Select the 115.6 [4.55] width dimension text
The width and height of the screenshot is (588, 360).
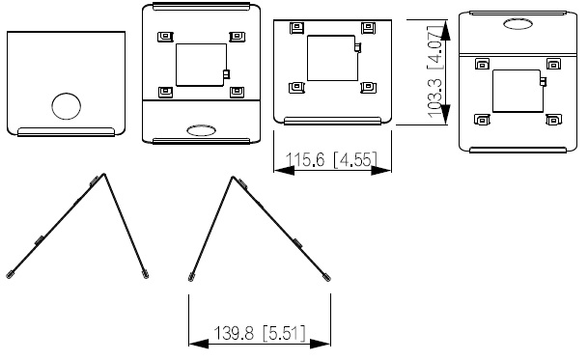[331, 160]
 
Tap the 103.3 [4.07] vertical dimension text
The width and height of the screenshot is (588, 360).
[435, 71]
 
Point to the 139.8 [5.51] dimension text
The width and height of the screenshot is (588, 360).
[260, 333]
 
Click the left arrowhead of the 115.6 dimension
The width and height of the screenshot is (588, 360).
[284, 171]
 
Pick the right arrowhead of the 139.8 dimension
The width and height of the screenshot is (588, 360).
[321, 344]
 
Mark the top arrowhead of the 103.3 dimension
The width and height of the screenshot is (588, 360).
[445, 30]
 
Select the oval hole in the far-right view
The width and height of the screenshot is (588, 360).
[518, 24]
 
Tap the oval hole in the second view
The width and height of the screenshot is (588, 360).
[202, 130]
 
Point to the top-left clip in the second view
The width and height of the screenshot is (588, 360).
[165, 37]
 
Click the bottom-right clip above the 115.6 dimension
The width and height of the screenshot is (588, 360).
[368, 88]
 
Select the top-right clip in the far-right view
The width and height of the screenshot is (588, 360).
[553, 64]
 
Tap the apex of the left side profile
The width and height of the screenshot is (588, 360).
[104, 174]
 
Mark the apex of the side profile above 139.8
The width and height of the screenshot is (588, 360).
[233, 177]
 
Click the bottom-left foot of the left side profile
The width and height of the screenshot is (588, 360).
[9, 275]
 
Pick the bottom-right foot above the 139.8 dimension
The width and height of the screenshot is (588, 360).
[327, 278]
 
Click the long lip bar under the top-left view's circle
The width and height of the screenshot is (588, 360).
[66, 131]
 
